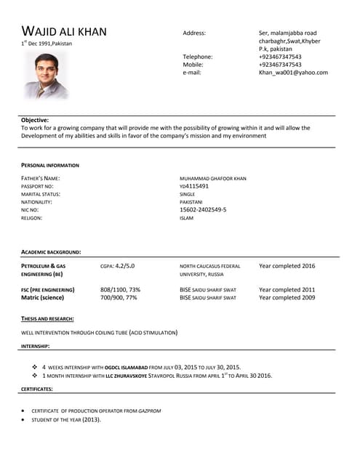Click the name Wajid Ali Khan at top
point(64,31)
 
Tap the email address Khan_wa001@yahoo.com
point(293,73)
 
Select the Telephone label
point(197,57)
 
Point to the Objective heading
point(35,120)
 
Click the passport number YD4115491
point(194,187)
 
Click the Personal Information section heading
point(50,166)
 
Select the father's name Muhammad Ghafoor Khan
point(212,179)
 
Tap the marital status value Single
point(187,195)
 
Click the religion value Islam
point(186,218)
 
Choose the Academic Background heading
point(51,252)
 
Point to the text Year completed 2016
point(287,266)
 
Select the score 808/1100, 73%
point(120,290)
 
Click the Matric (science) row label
point(42,298)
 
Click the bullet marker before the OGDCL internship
point(34,368)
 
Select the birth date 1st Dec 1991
point(47,44)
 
